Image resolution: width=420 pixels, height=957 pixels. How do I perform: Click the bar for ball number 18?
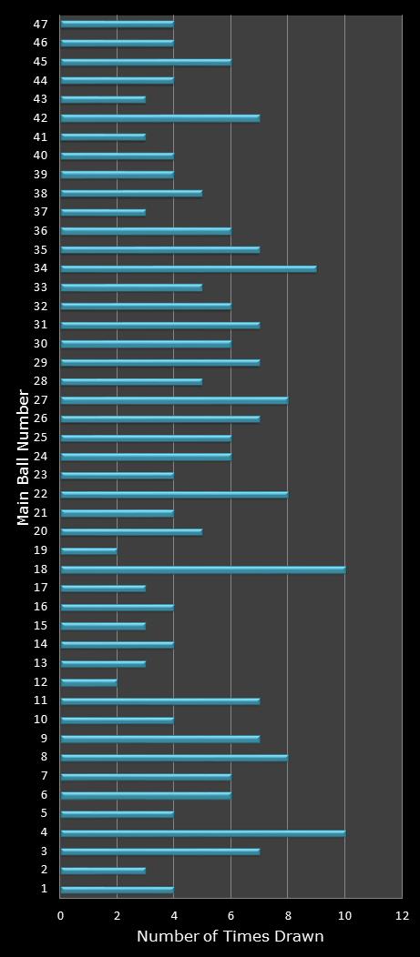click(x=202, y=569)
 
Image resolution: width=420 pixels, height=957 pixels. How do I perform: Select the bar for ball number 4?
click(x=202, y=832)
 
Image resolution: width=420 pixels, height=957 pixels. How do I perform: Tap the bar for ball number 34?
click(x=189, y=268)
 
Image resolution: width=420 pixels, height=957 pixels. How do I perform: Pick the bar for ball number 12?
click(x=88, y=682)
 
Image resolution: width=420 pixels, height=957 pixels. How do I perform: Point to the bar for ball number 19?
click(x=88, y=550)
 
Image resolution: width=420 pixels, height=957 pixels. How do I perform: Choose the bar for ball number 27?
click(x=174, y=400)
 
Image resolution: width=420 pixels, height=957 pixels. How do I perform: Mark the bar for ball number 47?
click(x=117, y=24)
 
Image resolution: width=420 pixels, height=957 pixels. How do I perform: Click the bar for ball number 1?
click(x=117, y=889)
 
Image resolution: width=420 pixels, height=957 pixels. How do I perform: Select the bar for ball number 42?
click(x=160, y=118)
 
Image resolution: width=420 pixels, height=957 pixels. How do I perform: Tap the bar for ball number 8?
click(x=174, y=757)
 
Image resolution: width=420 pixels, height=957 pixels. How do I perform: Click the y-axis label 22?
click(x=41, y=494)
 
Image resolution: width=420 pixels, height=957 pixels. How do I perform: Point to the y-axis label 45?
click(x=41, y=62)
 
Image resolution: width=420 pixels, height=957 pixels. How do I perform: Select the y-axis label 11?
click(x=41, y=700)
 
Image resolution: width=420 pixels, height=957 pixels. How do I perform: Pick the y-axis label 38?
click(x=41, y=193)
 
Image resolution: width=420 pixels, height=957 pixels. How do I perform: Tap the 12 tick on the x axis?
click(x=401, y=915)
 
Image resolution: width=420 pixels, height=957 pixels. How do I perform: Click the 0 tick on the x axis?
click(x=61, y=915)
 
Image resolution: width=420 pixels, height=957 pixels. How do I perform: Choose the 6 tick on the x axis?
click(x=231, y=915)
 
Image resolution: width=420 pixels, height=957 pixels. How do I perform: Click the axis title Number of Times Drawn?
click(x=230, y=937)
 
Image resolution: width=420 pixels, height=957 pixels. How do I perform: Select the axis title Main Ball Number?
click(x=24, y=457)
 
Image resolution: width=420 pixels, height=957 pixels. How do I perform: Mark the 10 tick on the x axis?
click(x=344, y=915)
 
